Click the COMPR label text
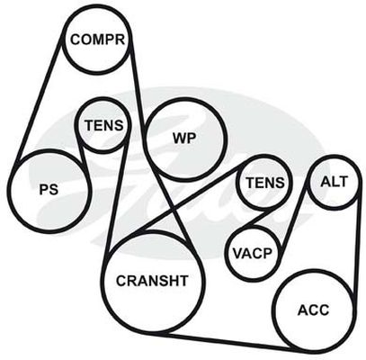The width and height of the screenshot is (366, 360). (97, 40)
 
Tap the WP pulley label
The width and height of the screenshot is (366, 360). (184, 139)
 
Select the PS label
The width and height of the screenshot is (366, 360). (49, 190)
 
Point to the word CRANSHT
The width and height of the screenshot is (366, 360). (152, 281)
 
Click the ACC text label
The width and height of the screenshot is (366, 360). (313, 310)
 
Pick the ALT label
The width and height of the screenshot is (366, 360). (334, 182)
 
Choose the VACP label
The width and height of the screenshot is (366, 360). (253, 254)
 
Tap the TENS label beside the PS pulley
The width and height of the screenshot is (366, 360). (104, 125)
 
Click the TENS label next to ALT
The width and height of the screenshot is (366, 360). (265, 183)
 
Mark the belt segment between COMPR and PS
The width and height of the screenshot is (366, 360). (38, 102)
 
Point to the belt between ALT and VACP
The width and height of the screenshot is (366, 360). (293, 217)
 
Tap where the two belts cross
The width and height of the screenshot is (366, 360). (174, 208)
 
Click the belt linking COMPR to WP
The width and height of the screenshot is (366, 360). (138, 90)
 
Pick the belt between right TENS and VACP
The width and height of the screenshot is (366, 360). (259, 218)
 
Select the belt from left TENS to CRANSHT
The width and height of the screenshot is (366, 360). (118, 192)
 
